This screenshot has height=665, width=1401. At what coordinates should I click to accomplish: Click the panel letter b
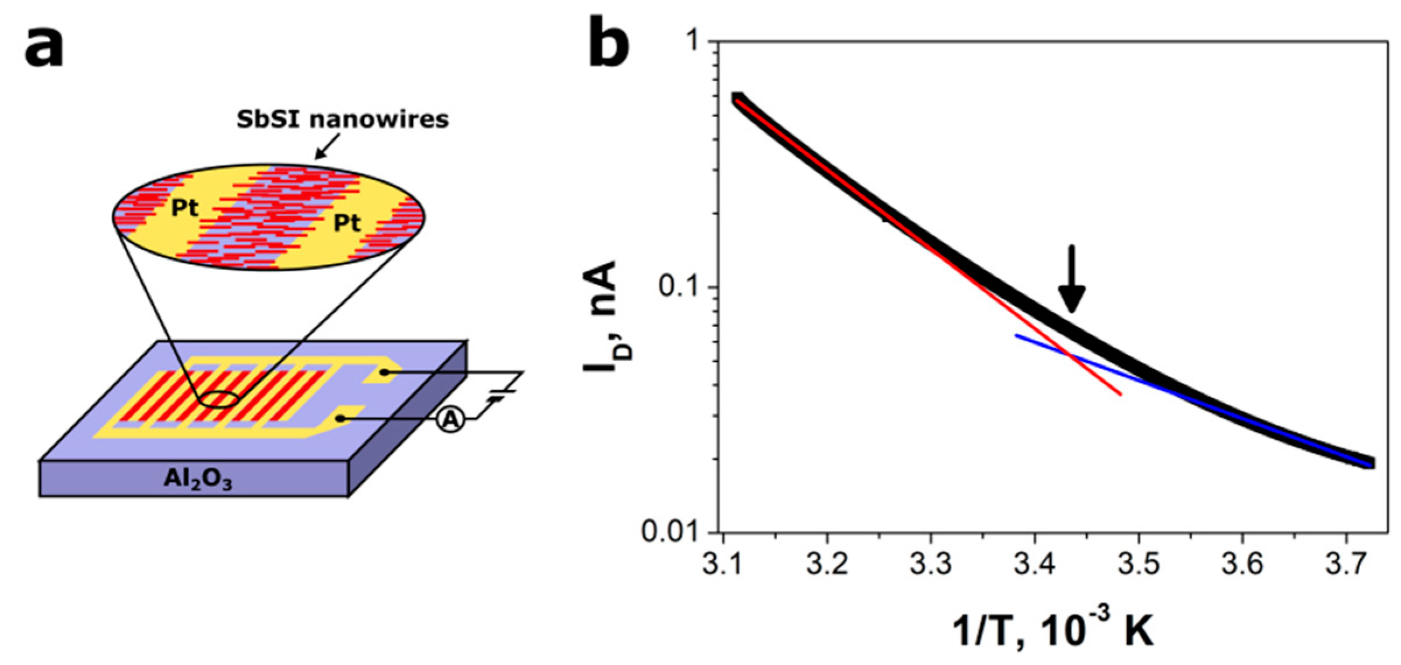click(608, 42)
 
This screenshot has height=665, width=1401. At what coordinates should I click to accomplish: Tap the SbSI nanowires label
click(342, 119)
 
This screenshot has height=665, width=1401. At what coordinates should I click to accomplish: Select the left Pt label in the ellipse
click(184, 208)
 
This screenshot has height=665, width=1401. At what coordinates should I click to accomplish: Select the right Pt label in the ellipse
click(347, 223)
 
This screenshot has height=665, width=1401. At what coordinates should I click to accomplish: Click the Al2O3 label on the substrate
click(198, 479)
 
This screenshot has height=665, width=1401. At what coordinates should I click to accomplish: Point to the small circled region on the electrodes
click(220, 400)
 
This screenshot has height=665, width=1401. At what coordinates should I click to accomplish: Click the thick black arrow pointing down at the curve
click(1072, 280)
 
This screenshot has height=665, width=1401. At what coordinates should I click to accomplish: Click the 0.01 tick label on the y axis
click(670, 532)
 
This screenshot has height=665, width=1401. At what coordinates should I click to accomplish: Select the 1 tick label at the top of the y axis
click(694, 42)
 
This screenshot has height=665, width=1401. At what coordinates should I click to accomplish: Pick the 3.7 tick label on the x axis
click(1346, 564)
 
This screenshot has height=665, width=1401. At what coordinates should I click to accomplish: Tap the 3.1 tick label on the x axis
click(723, 564)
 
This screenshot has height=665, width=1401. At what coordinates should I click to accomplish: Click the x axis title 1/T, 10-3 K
click(1052, 631)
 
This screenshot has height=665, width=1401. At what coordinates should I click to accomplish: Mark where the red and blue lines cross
click(1069, 353)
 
